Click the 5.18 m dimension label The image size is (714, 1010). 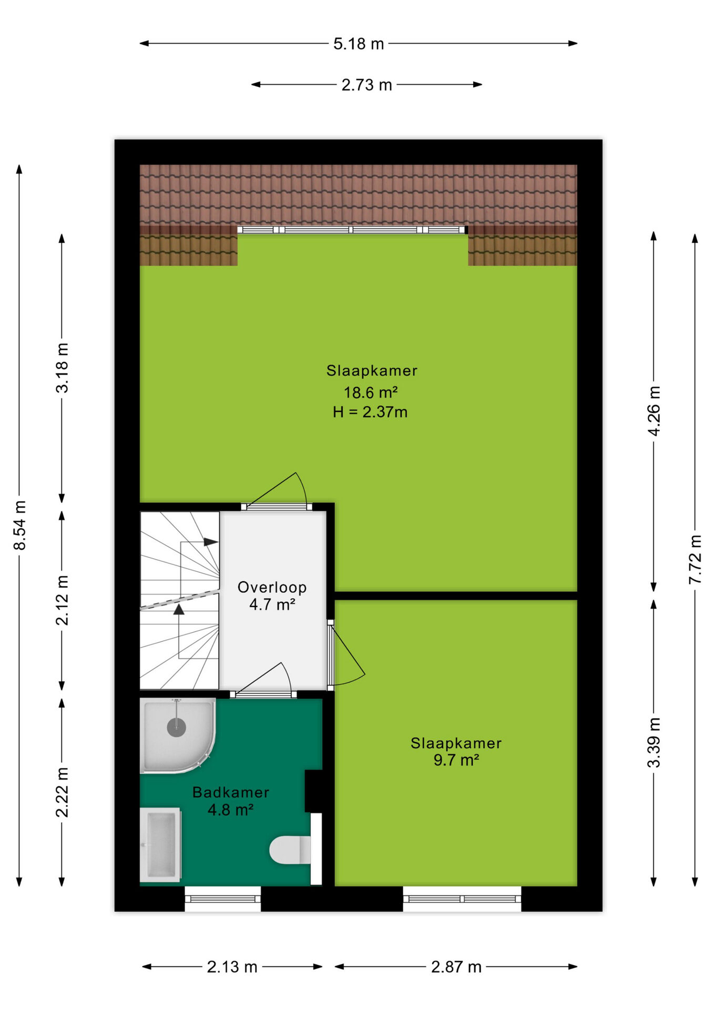tap(359, 44)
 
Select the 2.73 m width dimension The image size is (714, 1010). tap(366, 85)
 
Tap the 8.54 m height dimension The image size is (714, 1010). tap(19, 526)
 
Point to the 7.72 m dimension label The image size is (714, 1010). tap(695, 559)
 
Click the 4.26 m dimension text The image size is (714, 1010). tap(654, 411)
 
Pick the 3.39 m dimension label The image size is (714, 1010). tap(654, 742)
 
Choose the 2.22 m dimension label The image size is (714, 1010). tap(62, 792)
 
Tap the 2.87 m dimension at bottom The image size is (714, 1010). tap(456, 967)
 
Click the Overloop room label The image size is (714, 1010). tap(272, 587)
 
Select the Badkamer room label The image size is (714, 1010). tap(231, 792)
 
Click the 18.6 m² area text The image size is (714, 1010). tap(371, 392)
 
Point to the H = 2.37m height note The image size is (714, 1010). tap(370, 412)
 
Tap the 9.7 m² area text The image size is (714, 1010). tap(456, 760)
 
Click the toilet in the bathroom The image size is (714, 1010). tap(290, 850)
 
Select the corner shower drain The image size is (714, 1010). tap(177, 728)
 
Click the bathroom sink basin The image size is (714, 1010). tap(160, 845)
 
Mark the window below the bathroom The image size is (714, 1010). tap(223, 898)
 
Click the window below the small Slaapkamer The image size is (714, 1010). tap(462, 898)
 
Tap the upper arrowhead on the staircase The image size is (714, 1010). tap(211, 542)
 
